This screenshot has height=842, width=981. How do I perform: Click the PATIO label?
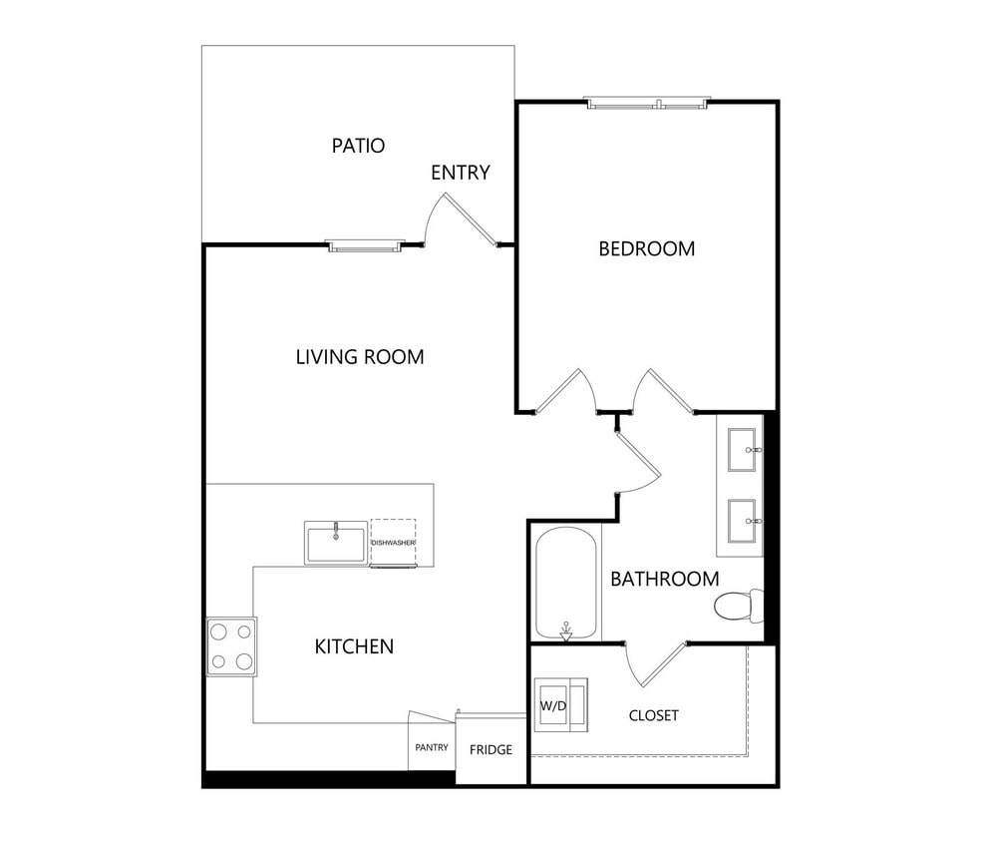click(358, 146)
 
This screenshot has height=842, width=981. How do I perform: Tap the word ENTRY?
click(460, 173)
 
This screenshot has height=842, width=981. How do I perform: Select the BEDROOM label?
click(646, 248)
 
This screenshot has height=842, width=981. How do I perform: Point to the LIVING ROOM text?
click(359, 356)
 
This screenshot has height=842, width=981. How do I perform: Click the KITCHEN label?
click(354, 646)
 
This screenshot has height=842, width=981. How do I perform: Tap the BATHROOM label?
click(664, 579)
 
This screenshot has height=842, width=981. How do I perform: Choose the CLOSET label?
click(654, 715)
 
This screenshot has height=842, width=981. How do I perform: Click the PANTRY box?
click(431, 747)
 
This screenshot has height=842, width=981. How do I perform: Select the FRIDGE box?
click(490, 749)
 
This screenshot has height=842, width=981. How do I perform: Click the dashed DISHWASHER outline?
click(393, 542)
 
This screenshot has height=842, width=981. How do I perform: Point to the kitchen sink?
click(336, 544)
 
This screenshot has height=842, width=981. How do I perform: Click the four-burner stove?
click(231, 646)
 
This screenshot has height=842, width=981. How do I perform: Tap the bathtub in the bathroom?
click(566, 585)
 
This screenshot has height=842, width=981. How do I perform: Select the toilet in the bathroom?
click(738, 605)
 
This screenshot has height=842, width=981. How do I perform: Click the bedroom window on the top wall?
click(647, 103)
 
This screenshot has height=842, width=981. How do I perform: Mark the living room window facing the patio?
click(366, 245)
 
